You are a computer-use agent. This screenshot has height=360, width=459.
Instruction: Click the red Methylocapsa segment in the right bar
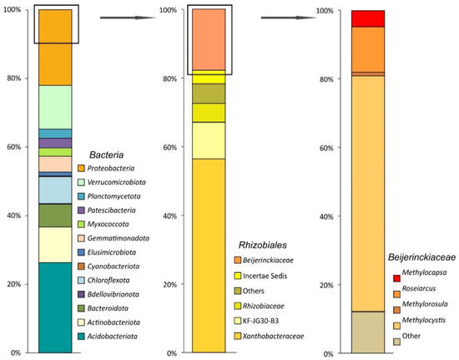(x=368, y=18)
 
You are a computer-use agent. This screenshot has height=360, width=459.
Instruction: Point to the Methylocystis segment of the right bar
(x=368, y=192)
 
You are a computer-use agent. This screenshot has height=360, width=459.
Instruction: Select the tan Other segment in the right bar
(x=368, y=331)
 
